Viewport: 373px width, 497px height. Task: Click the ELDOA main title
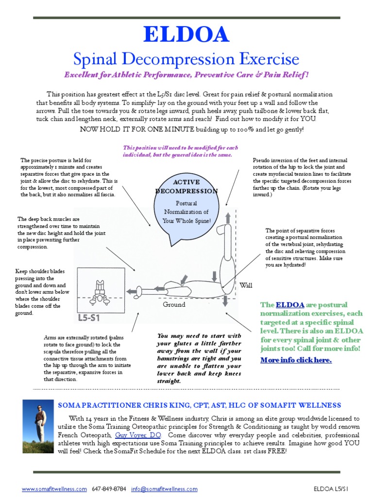coord(186,35)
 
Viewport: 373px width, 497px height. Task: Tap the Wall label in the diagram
coord(246,285)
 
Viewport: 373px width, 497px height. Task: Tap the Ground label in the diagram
coord(174,304)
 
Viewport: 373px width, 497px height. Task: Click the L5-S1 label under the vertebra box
coord(89,318)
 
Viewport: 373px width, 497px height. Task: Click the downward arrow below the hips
coord(225,301)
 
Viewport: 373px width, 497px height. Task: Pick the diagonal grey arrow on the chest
coord(183,280)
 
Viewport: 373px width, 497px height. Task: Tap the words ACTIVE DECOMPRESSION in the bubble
coord(187,186)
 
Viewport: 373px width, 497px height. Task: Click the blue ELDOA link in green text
coord(290,305)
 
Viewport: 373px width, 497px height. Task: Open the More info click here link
coord(296,360)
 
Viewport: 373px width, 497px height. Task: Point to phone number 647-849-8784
coord(110,489)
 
